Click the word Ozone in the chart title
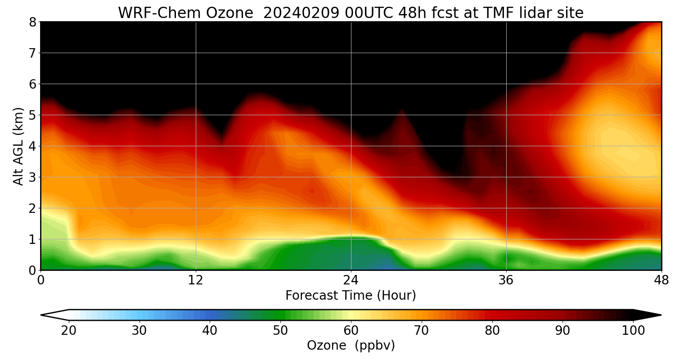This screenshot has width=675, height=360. tap(229, 13)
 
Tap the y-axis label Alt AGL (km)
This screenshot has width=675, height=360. tap(18, 146)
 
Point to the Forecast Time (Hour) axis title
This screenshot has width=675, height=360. tap(351, 296)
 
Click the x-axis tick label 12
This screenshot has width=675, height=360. tap(196, 280)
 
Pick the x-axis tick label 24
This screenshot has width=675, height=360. tap(351, 280)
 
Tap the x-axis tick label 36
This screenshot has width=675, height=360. tap(506, 280)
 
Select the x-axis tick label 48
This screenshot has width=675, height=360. tap(661, 280)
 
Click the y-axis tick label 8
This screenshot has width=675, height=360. tap(32, 22)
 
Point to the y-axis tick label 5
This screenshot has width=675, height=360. tap(32, 115)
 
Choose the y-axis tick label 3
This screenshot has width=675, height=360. tap(32, 177)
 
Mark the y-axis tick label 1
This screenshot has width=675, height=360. tap(32, 239)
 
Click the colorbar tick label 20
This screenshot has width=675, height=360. tap(68, 331)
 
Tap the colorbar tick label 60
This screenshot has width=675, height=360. tap(351, 331)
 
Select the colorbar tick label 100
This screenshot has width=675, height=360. tap(633, 331)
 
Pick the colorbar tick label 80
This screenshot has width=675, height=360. tap(492, 331)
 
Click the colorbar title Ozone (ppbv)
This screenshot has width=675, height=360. tap(351, 346)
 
